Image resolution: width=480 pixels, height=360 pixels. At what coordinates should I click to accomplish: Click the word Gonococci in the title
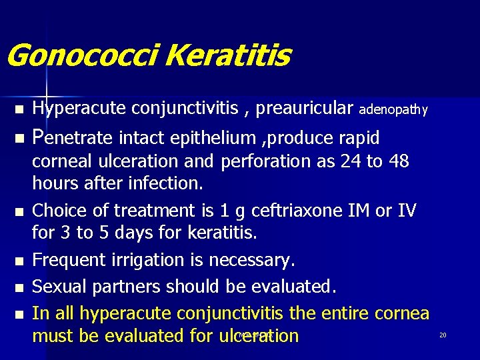81,56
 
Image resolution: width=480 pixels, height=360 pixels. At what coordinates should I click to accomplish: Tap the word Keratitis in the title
227,56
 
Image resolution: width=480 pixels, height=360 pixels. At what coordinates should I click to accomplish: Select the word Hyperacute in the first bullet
79,108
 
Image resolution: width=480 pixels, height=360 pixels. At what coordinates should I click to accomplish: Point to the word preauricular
304,108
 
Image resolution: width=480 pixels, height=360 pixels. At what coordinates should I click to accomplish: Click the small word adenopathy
393,109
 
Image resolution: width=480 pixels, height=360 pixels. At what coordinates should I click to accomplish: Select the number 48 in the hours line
398,161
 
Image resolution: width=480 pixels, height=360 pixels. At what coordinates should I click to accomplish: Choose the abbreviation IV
406,211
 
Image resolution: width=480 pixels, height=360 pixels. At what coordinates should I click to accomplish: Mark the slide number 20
443,335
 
